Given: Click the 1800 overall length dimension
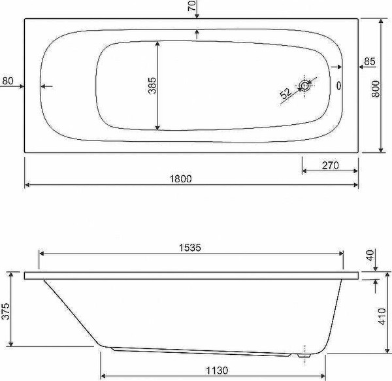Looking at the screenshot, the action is (x=181, y=179).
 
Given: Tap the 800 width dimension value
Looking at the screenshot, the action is (x=376, y=89).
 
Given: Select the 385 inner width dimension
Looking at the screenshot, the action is (x=152, y=86).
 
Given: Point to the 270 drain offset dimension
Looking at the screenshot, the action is (x=330, y=165).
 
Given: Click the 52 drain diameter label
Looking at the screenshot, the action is (x=286, y=93).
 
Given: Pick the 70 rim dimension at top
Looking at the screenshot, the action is (x=191, y=6).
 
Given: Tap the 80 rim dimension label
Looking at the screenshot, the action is (x=8, y=81).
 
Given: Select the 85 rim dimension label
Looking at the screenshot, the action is (x=370, y=61).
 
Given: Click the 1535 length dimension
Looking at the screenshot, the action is (x=190, y=248).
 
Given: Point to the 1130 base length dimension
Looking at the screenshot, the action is (x=217, y=371).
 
